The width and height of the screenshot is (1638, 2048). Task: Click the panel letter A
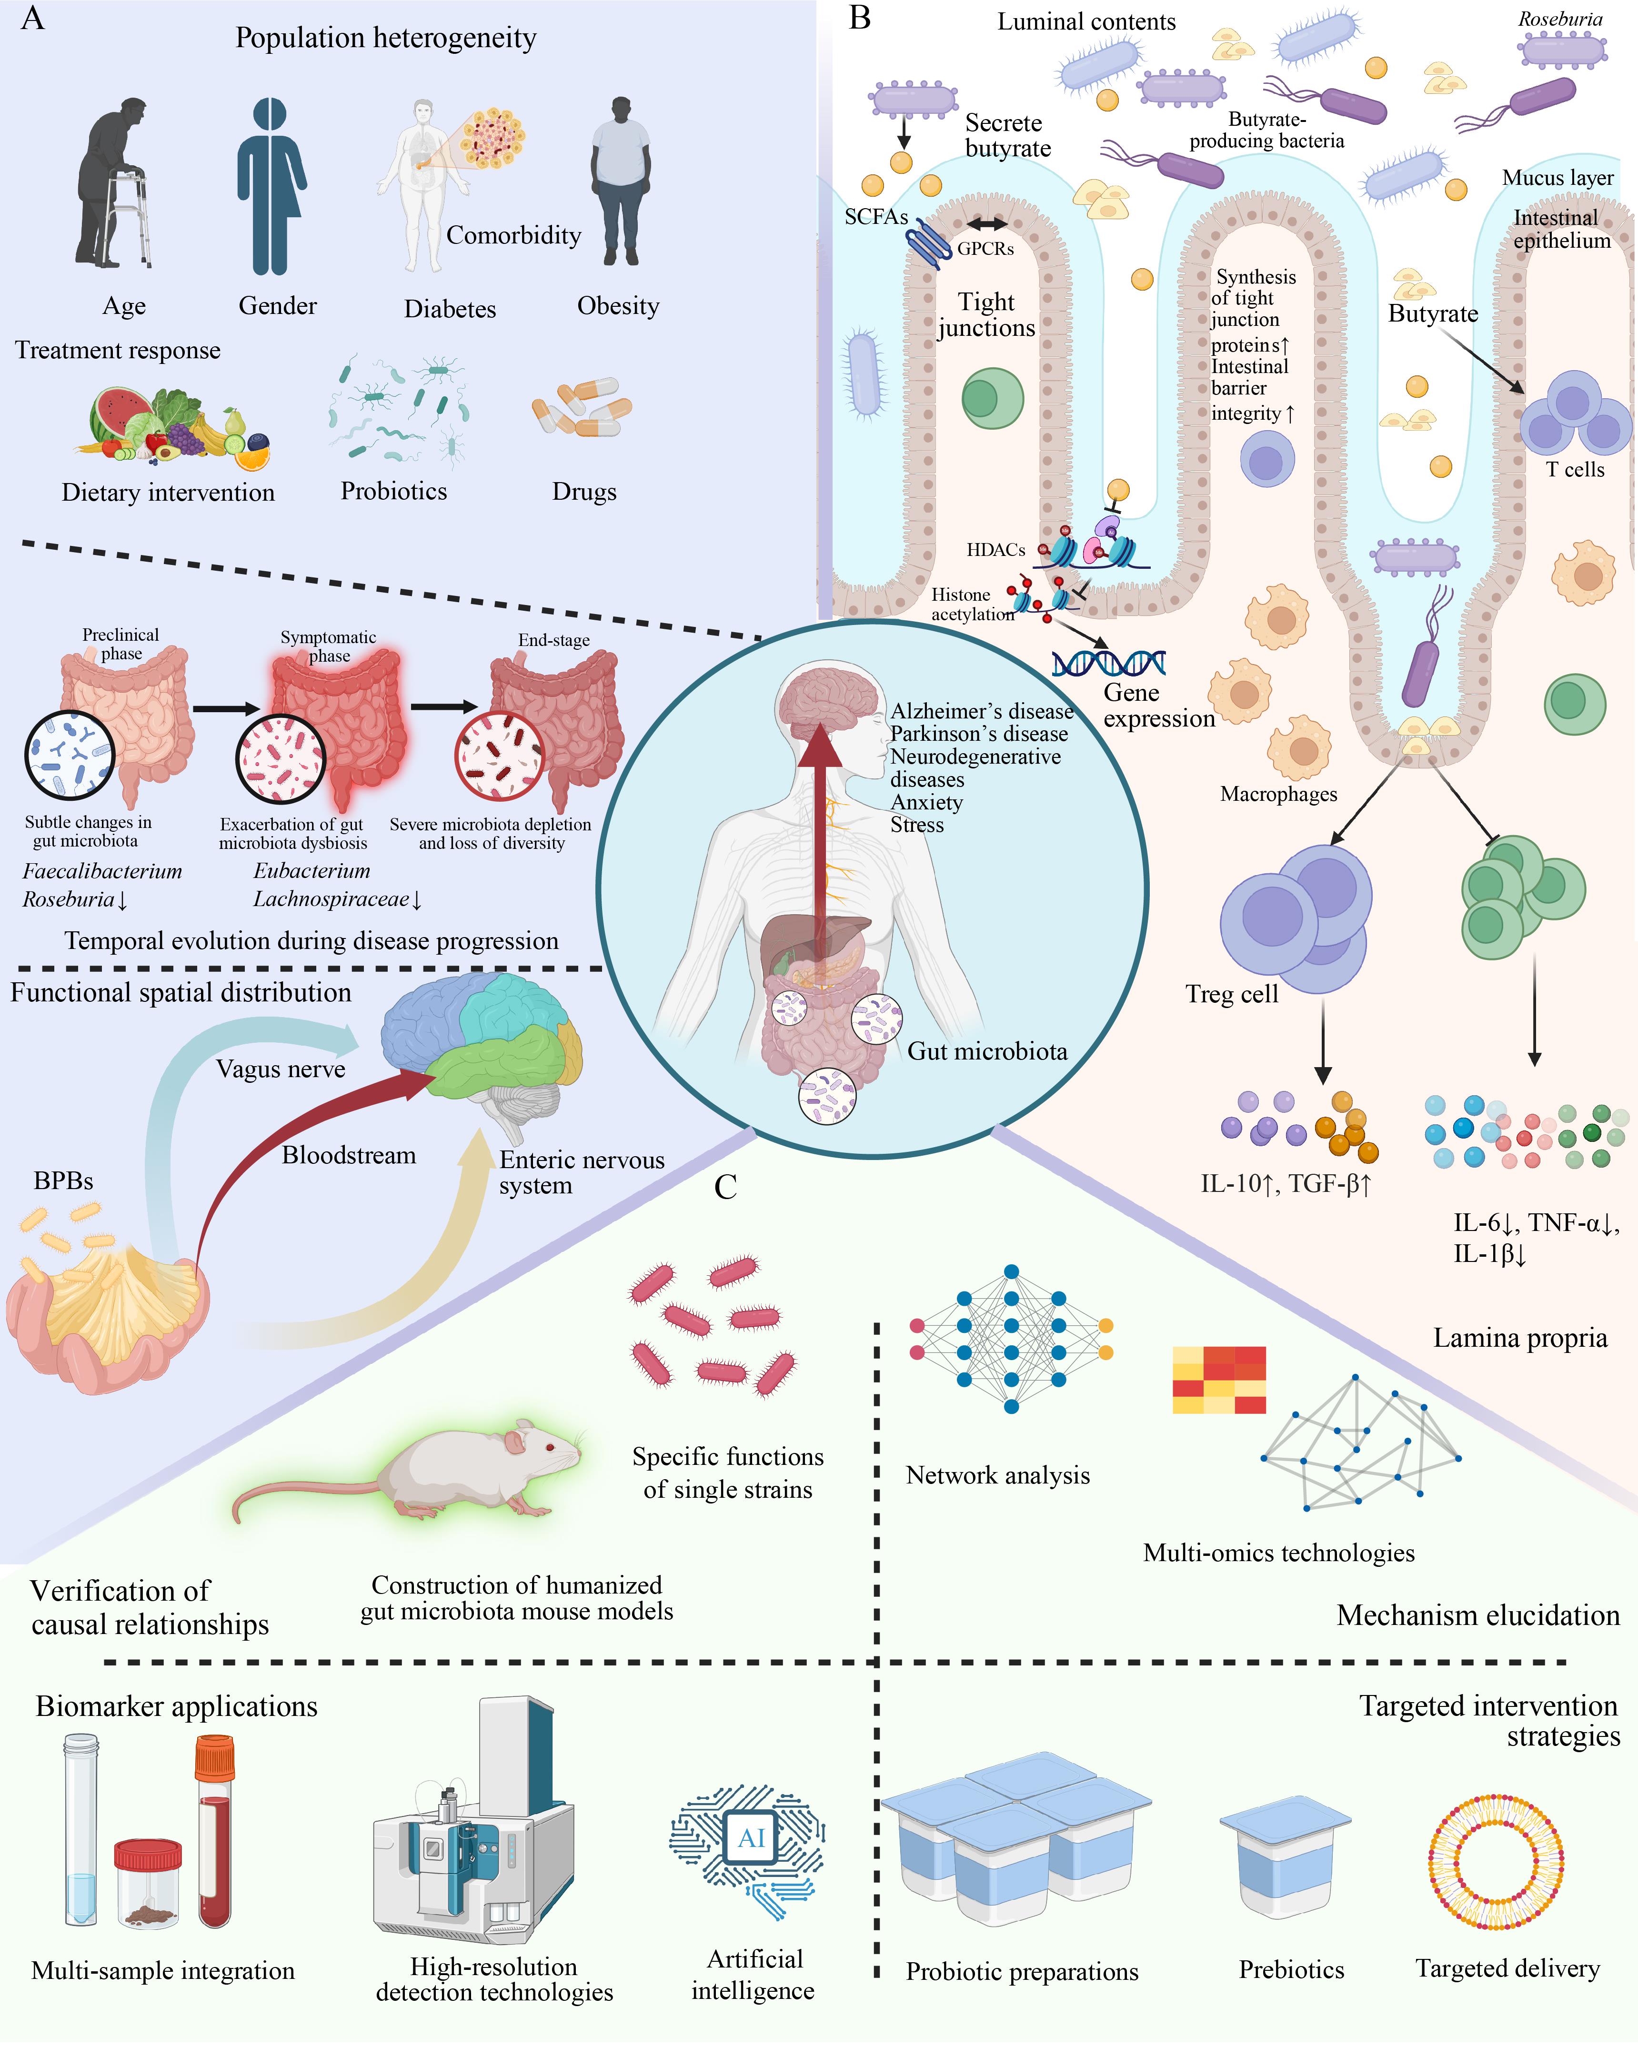click(x=32, y=18)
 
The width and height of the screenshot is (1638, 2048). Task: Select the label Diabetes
click(x=450, y=309)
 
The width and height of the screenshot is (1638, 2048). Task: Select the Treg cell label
click(x=1232, y=994)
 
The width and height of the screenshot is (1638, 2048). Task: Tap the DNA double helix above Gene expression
click(x=1109, y=662)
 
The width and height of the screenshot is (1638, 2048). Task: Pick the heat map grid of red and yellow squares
click(x=1219, y=1379)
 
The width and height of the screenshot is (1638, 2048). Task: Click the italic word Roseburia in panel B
click(x=1560, y=19)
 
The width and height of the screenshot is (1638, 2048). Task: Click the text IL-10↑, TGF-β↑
click(x=1286, y=1183)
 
